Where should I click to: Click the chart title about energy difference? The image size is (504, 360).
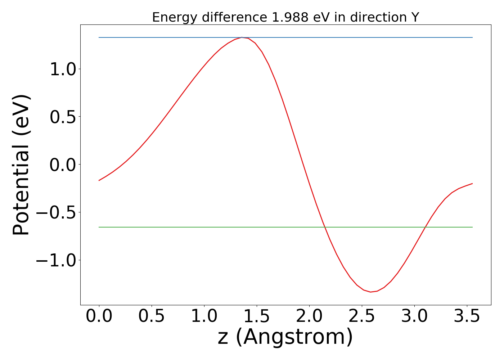(x=285, y=17)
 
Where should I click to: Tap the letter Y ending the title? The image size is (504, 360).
(x=415, y=17)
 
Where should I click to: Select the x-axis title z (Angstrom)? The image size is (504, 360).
(x=285, y=337)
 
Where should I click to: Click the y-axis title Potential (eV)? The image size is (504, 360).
(x=22, y=165)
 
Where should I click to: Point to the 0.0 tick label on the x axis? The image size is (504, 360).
(x=99, y=316)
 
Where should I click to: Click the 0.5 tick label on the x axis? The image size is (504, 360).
(x=152, y=316)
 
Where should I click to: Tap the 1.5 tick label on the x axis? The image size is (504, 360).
(x=257, y=316)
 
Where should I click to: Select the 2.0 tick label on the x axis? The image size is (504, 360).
(x=309, y=316)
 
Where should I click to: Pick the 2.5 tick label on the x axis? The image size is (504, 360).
(x=362, y=316)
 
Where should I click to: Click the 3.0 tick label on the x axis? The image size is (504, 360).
(x=414, y=316)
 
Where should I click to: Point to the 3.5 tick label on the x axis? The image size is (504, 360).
(x=467, y=316)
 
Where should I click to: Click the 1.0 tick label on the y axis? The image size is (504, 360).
(x=63, y=69)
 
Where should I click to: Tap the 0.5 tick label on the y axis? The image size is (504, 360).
(x=63, y=117)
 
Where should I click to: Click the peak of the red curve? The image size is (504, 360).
(x=242, y=37)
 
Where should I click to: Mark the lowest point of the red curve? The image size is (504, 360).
(x=371, y=292)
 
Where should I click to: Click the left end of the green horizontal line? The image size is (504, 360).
(x=99, y=227)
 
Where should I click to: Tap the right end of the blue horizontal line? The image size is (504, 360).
(x=472, y=37)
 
